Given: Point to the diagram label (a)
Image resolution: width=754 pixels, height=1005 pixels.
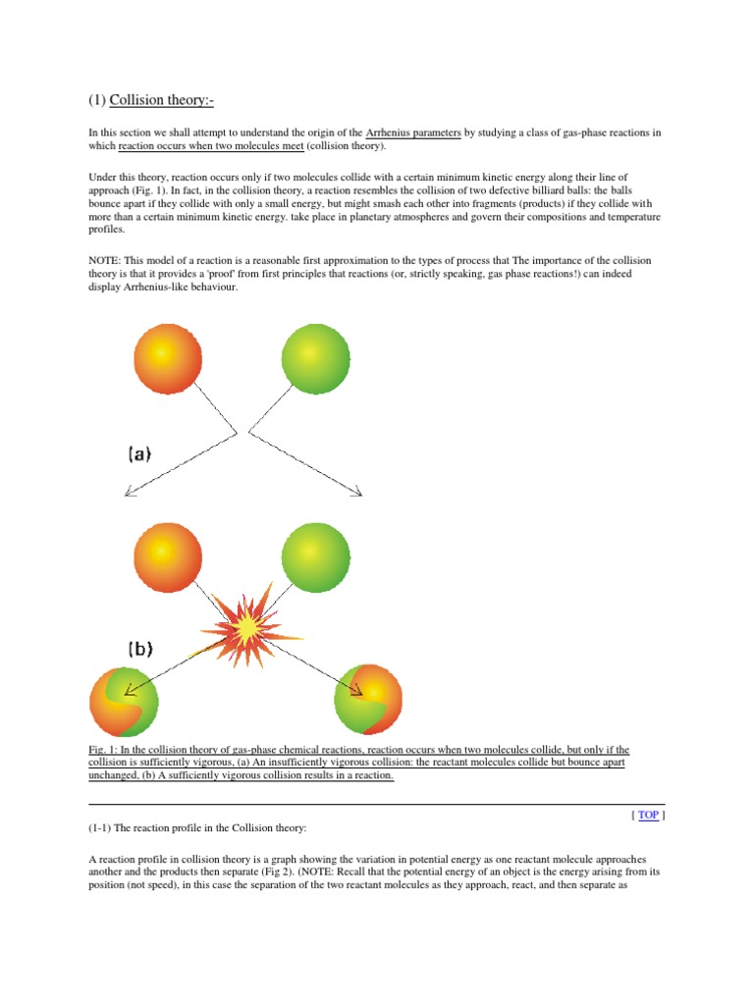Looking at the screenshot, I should pos(139,454).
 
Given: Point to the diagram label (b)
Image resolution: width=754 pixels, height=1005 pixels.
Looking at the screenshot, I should pos(139,650).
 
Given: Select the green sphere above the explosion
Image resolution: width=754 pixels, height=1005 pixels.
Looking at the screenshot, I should pos(314,555).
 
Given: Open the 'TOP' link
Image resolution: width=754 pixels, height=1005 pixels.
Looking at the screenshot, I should pos(648,815).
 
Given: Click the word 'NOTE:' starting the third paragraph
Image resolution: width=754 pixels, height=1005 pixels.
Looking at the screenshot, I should pos(107,260).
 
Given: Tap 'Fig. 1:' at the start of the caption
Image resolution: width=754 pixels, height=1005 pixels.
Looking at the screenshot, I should pos(104,750).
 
